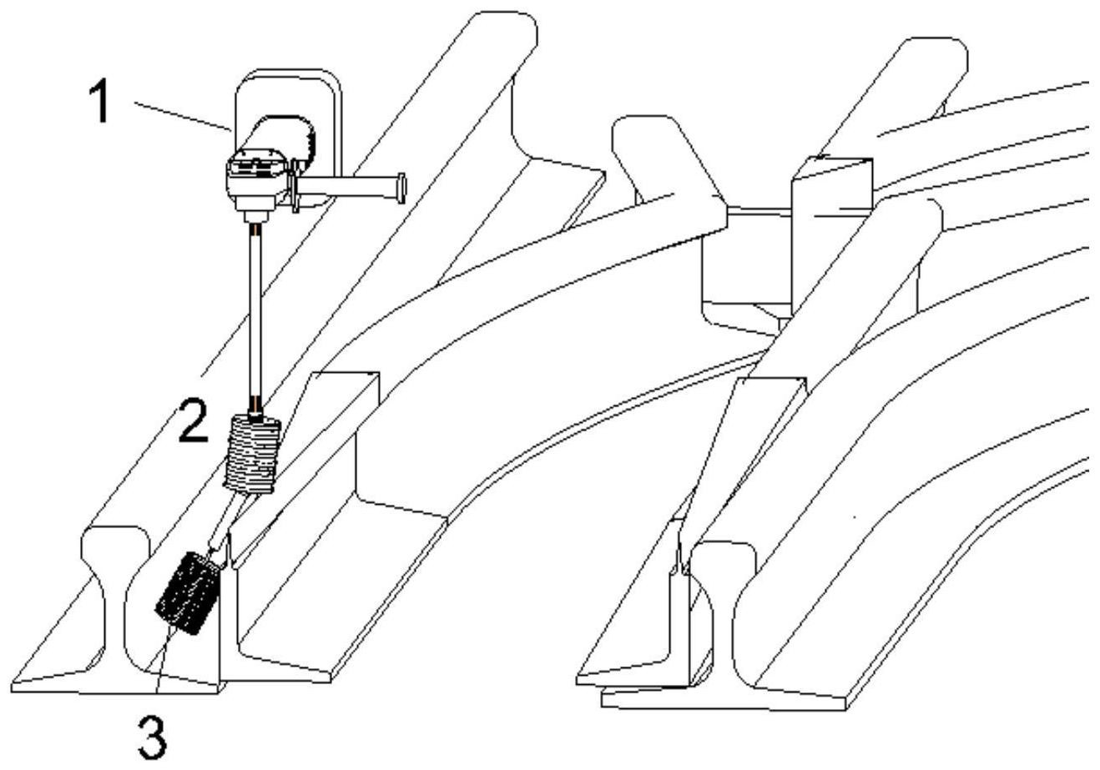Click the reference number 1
pos(100,102)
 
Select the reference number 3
pos(153,736)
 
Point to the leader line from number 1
pos(183,116)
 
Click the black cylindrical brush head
pos(187,593)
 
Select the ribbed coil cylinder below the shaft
pos(252,455)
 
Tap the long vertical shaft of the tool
pos(256,319)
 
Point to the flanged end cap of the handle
pos(401,188)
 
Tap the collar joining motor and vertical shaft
pos(256,215)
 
